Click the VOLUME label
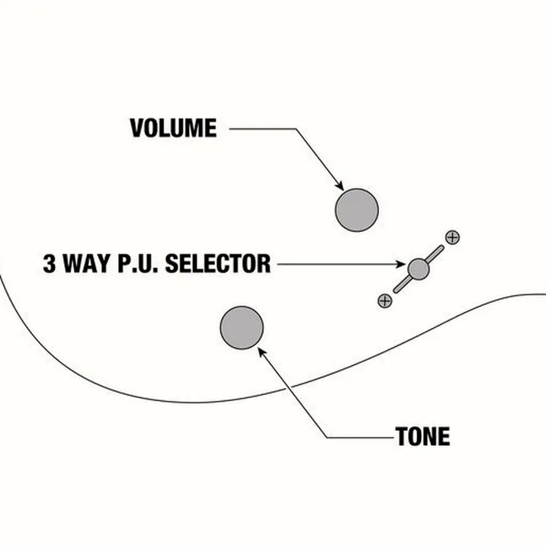tap(173, 128)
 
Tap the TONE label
tap(422, 436)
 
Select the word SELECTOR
tap(218, 263)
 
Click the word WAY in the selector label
tap(86, 263)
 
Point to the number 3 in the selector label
tap(49, 263)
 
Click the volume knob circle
tap(357, 210)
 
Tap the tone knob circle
tap(242, 327)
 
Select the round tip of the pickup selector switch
tap(418, 269)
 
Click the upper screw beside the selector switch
tap(452, 237)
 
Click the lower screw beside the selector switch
tap(385, 300)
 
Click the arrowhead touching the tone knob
tap(262, 351)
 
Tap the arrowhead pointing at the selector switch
tap(401, 265)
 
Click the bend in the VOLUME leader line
tap(296, 129)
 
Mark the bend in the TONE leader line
tap(327, 438)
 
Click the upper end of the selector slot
tap(442, 248)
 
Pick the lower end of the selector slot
tap(396, 291)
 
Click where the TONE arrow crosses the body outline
tap(288, 387)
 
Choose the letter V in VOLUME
tap(136, 128)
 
